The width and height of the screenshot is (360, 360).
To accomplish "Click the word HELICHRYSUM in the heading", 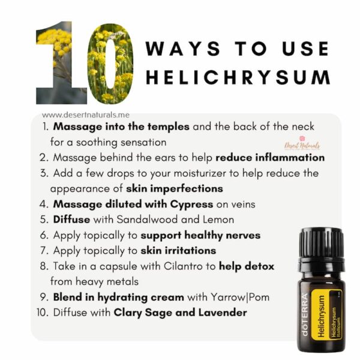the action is point(238,77).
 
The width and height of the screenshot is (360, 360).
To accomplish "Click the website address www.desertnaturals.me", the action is point(86,115).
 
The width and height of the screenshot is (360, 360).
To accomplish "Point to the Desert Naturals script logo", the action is point(302,144).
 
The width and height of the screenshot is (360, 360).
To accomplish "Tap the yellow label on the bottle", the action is point(326,314).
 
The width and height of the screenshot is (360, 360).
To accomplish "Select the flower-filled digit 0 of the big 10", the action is point(110,64).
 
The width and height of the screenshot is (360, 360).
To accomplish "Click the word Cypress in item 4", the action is point(192,205).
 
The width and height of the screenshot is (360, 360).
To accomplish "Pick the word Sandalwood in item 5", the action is point(147,220).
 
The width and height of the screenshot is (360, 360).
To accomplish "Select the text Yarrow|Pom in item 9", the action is point(240,298).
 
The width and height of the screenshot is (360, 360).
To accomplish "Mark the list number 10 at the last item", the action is point(43,313).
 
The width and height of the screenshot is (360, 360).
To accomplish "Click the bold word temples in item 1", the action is point(168,127).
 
